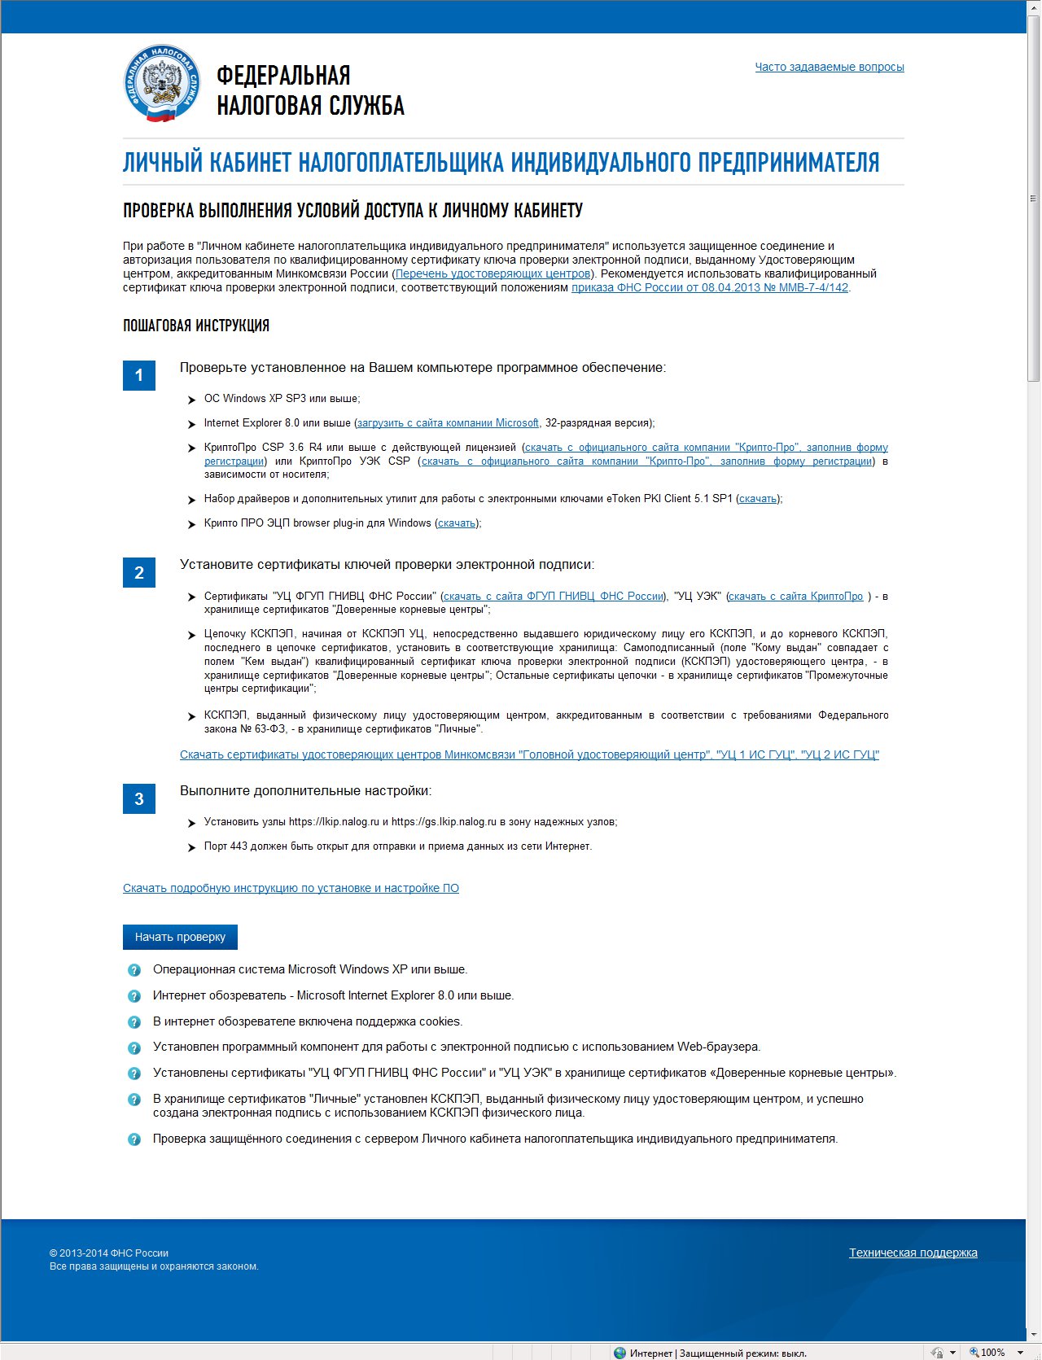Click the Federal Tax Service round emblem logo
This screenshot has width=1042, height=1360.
161,84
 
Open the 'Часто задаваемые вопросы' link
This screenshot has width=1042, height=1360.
829,67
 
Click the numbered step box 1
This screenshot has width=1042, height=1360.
139,375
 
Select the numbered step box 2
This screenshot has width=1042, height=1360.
139,573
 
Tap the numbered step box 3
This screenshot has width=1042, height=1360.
139,799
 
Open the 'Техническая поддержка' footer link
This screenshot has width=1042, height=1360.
913,1253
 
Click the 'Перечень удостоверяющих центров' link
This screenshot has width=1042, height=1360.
493,273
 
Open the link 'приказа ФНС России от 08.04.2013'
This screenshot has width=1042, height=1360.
709,287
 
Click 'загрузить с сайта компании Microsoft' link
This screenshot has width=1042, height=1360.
448,423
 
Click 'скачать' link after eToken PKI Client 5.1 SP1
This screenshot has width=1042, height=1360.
757,499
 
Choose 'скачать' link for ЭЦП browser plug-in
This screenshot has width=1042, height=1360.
457,523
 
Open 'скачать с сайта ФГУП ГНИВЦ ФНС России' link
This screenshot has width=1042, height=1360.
554,597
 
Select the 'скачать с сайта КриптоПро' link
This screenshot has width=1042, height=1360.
795,597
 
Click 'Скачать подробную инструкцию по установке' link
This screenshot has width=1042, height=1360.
291,888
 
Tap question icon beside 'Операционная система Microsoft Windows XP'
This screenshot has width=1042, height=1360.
134,970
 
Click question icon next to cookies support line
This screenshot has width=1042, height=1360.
134,1022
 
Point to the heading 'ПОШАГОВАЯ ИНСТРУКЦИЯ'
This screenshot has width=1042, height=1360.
196,326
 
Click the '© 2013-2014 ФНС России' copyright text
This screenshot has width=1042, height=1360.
109,1253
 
